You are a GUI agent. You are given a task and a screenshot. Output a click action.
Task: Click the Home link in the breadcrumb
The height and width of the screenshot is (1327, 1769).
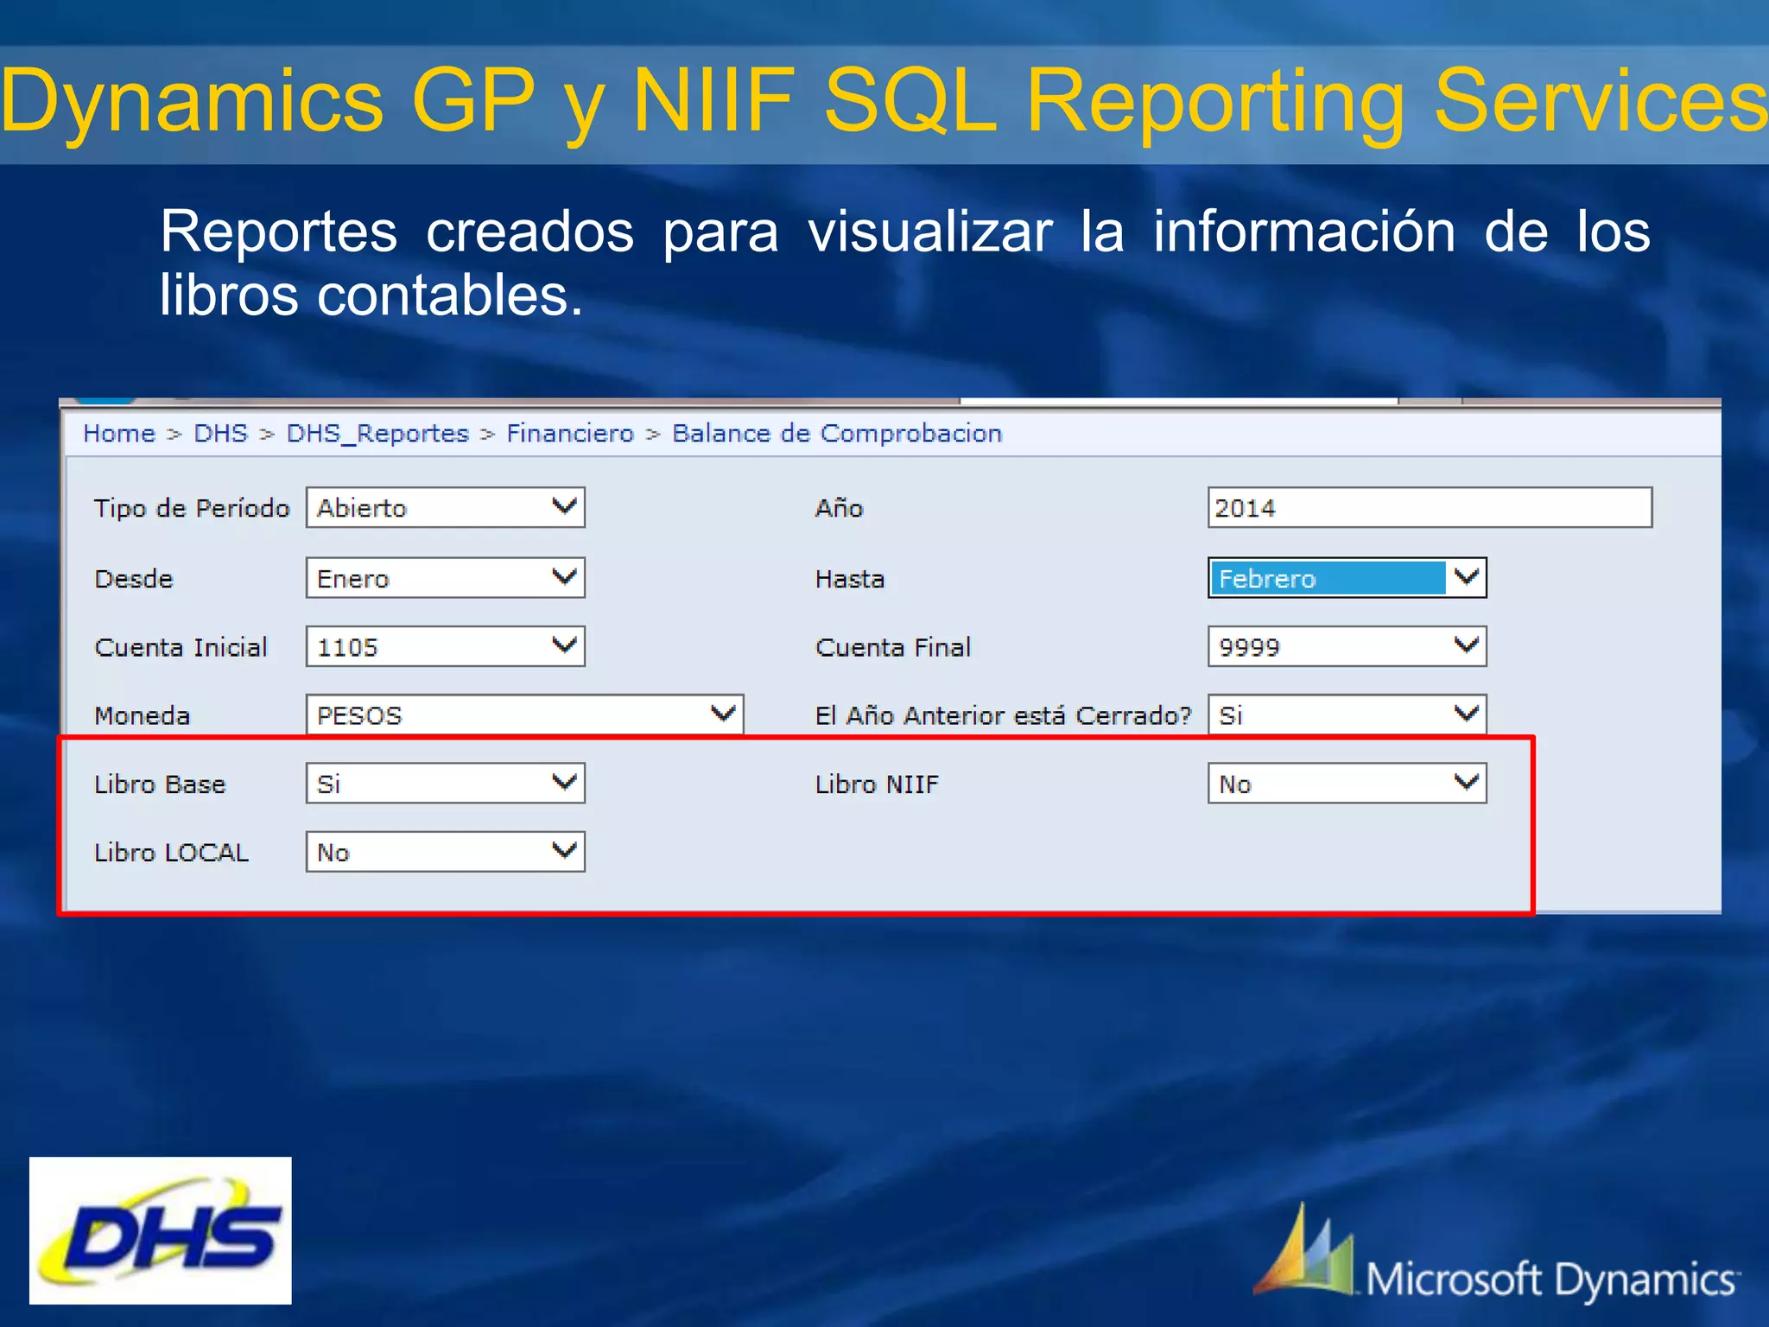click(119, 433)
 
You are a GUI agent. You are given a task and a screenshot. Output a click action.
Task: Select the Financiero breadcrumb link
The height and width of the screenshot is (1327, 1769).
click(569, 433)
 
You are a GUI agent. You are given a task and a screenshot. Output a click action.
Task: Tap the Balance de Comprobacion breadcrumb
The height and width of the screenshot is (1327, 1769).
click(836, 433)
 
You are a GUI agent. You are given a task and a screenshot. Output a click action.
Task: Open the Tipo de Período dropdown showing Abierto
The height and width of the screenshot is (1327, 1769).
click(445, 507)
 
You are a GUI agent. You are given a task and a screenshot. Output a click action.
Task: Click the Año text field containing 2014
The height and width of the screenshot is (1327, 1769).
click(1429, 507)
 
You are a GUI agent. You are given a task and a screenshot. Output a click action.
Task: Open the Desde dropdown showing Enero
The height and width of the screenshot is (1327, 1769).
click(445, 578)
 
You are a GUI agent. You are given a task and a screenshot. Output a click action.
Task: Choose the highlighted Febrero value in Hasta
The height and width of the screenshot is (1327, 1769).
click(1327, 578)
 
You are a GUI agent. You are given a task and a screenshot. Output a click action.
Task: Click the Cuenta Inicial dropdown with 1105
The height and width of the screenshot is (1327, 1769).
click(445, 646)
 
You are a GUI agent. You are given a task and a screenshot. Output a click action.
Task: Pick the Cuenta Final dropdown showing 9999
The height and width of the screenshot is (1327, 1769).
click(1347, 646)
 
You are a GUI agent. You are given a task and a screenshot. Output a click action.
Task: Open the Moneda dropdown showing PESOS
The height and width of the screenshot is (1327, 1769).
click(523, 714)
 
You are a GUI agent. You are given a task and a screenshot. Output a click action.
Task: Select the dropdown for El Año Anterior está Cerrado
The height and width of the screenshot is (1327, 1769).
click(1347, 714)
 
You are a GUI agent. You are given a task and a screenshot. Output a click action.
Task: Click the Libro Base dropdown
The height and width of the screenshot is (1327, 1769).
click(445, 783)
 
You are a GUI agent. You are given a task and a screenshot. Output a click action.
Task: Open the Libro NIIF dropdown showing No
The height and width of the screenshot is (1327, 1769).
click(1347, 783)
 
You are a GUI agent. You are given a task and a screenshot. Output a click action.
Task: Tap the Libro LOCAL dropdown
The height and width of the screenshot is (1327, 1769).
click(445, 851)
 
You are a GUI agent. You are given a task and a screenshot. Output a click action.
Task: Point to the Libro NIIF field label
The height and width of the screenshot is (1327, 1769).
click(876, 784)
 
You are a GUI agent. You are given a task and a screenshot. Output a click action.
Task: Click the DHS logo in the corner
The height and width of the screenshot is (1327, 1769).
click(161, 1230)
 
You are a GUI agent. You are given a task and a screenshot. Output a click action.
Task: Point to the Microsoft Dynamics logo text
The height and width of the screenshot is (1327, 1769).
click(1551, 1279)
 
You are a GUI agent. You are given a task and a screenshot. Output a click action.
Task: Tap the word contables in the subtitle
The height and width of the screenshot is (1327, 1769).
click(449, 295)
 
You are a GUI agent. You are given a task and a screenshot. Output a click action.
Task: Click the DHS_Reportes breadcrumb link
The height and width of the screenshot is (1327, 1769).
click(377, 433)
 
